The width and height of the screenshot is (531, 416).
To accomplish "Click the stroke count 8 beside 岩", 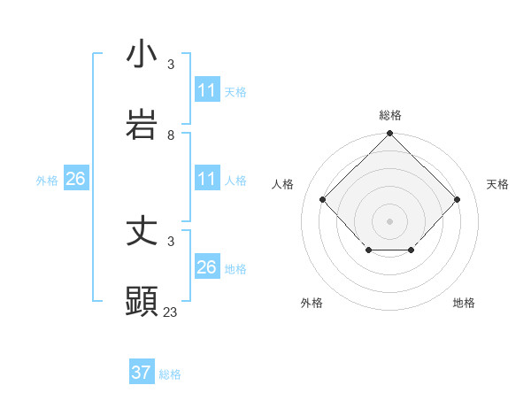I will [x=171, y=135].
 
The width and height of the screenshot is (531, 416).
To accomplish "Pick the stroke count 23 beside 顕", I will [x=171, y=312].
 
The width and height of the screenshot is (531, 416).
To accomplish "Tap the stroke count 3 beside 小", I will [x=171, y=64].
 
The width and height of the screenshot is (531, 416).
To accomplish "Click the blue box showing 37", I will [x=142, y=373].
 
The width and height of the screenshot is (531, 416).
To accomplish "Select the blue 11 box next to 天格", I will [x=206, y=89].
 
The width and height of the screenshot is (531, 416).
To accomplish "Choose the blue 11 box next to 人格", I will [x=206, y=179].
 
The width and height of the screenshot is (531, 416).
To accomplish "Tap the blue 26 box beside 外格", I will [x=75, y=179].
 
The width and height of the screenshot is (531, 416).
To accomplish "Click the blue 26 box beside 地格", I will [x=206, y=267].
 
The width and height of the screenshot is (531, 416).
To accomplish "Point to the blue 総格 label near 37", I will [x=170, y=374].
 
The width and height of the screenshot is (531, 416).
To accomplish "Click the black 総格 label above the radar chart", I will [x=389, y=115].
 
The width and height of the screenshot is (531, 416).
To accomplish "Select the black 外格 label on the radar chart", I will [x=312, y=303].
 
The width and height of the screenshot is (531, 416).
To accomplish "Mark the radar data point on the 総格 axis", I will [x=389, y=135].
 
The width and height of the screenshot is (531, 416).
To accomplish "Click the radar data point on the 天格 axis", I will [x=457, y=199].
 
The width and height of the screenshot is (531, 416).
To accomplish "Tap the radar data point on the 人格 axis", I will [x=323, y=199].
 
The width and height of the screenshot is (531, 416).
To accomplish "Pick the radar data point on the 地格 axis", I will [x=412, y=251].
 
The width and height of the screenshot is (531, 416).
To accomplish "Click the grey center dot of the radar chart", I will [x=389, y=220].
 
